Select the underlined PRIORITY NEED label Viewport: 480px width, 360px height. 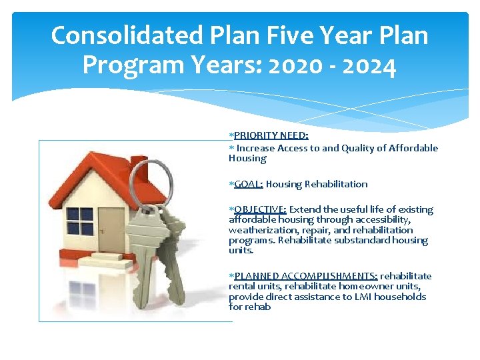[x=271, y=135]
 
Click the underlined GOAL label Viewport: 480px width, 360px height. [x=249, y=184]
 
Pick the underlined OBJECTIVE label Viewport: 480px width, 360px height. [x=260, y=209]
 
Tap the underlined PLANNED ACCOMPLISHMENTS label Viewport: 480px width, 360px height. [x=306, y=276]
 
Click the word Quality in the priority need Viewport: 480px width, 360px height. [x=359, y=148]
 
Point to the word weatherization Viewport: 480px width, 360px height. [x=258, y=230]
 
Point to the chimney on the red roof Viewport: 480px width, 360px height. [x=139, y=166]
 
